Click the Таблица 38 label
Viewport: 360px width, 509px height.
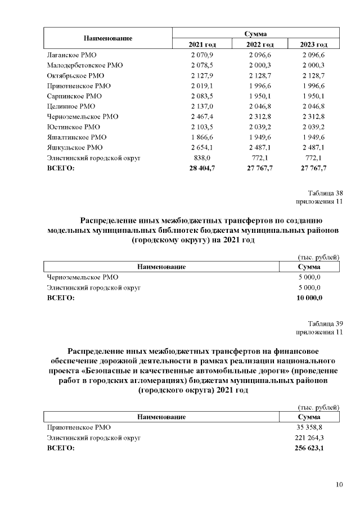[325, 193]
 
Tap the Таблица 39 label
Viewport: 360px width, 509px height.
[325, 324]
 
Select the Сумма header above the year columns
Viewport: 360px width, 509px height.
[255, 34]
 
